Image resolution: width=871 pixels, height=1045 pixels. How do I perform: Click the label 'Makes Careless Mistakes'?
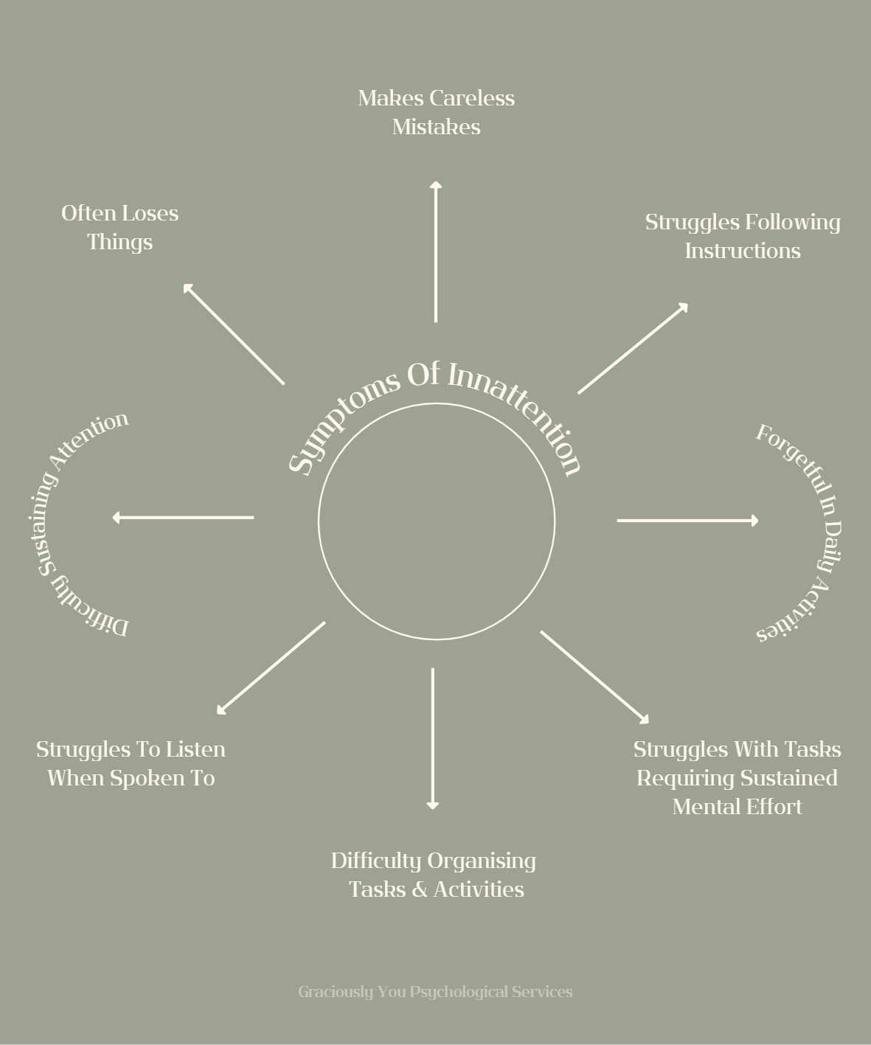point(436,112)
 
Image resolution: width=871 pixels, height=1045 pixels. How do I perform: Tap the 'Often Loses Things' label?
point(119,227)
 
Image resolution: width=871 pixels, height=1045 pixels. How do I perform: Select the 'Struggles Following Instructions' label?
point(742,236)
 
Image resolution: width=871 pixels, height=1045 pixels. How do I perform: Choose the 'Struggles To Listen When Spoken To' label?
point(131,763)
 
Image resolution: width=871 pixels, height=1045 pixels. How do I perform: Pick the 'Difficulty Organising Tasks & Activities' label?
point(434,875)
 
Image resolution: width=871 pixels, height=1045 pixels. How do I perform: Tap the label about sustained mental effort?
point(737,777)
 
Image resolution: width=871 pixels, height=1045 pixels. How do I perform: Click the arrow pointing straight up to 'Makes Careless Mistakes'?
point(436,251)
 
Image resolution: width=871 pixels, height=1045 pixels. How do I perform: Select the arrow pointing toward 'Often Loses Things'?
point(234,334)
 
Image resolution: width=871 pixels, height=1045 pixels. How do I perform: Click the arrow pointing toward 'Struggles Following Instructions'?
point(633,348)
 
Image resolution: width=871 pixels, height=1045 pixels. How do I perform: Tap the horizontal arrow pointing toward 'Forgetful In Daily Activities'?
point(687,521)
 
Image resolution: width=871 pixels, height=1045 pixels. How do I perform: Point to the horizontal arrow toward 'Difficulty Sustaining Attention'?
point(184,518)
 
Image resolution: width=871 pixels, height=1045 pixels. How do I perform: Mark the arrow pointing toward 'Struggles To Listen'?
point(271,668)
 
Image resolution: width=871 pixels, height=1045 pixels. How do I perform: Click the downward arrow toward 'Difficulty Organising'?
point(433,738)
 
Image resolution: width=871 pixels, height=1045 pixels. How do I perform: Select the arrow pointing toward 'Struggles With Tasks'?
point(594,677)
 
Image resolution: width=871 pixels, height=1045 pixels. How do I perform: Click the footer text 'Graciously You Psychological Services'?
point(435,992)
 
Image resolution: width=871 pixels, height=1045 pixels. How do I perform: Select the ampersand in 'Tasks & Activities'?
point(420,889)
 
